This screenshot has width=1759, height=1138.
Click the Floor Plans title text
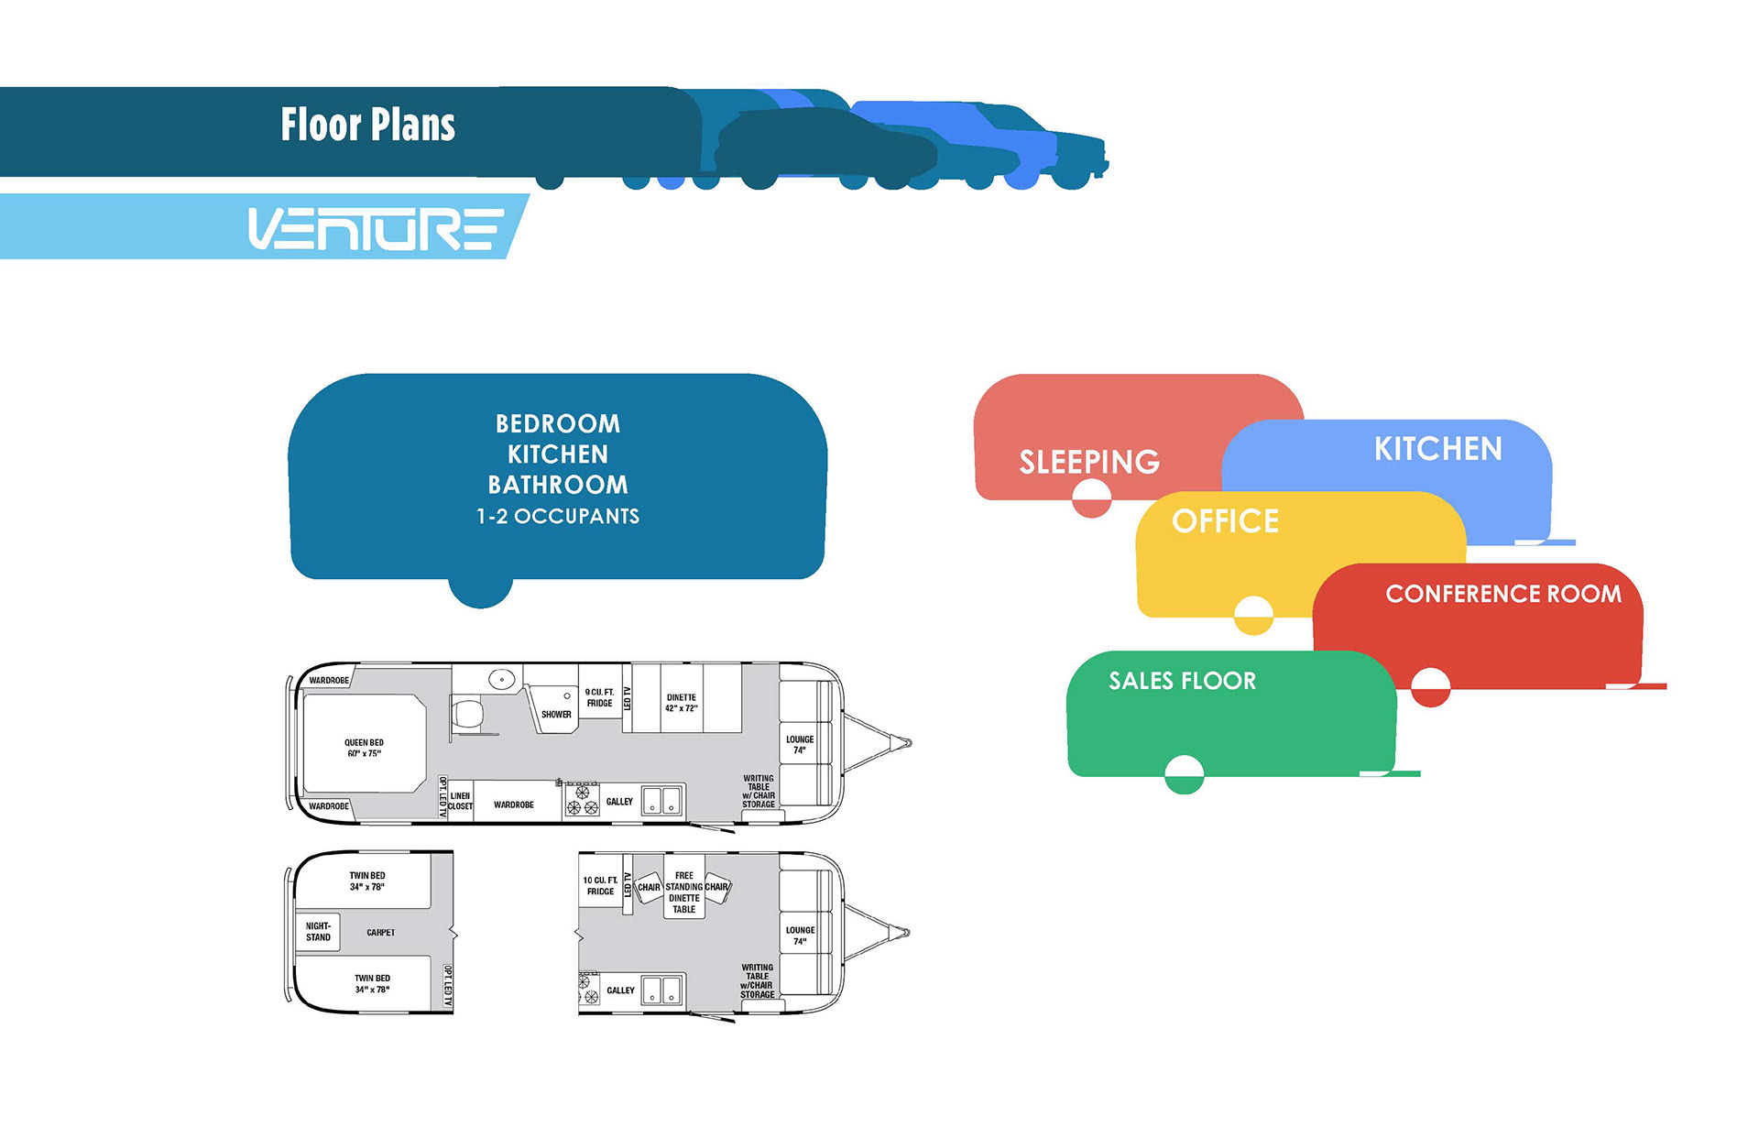pos(367,125)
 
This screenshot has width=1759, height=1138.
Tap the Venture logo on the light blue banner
pos(376,229)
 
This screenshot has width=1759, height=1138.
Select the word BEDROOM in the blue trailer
pos(558,423)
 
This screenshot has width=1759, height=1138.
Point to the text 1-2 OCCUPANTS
pos(558,517)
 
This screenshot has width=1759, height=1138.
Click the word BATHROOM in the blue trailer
pos(558,485)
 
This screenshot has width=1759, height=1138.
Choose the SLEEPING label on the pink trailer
pos(1089,462)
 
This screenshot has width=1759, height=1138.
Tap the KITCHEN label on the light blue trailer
pos(1437,449)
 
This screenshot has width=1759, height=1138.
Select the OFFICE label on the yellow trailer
pos(1225,521)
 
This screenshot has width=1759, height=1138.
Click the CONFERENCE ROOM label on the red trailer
pos(1503,594)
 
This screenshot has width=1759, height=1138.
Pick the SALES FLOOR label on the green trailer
pos(1182,681)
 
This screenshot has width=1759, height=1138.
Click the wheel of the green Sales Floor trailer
pos(1184,774)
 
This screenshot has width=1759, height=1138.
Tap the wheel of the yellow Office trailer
pos(1253,615)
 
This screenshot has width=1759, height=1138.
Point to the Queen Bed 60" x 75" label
pos(364,749)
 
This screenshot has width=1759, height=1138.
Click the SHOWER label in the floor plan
pos(556,715)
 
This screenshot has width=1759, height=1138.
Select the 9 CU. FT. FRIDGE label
pos(600,698)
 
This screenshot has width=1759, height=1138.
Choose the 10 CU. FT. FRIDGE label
pos(600,886)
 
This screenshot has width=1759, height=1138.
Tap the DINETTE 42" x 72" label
pos(682,703)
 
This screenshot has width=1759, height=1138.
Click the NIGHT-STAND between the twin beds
pos(318,932)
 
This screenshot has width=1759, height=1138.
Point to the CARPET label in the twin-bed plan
pos(381,933)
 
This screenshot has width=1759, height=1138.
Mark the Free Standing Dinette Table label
pos(684,892)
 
